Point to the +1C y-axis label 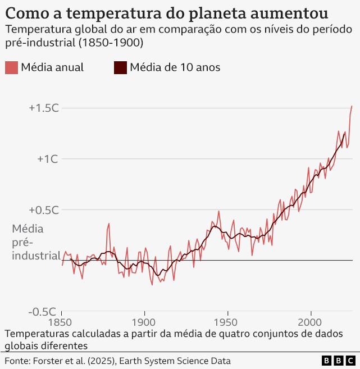pos(48,159)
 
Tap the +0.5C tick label pos(44,210)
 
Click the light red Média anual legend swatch pos(11,67)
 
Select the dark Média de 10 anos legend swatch pos(120,67)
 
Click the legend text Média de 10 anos pos(175,67)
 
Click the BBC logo pos(339,361)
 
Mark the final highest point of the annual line pos(352,106)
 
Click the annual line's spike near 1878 pos(109,224)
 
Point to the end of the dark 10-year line pos(344,133)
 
